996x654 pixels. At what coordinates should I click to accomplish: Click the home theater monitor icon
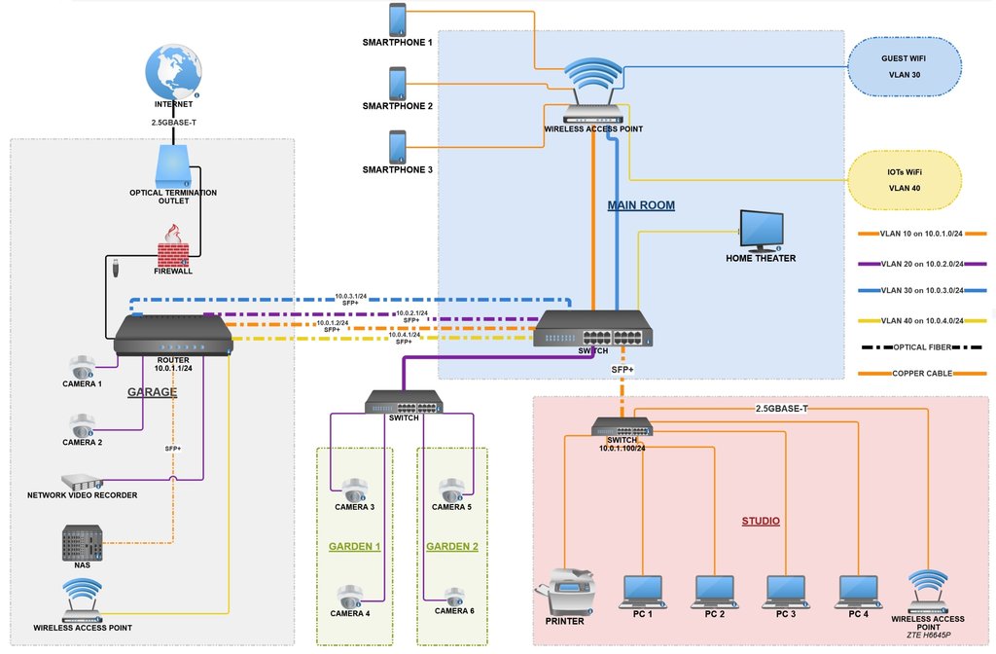(x=761, y=230)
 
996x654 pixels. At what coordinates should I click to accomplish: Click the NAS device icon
(x=82, y=541)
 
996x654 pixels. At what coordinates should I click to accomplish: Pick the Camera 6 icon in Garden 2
(x=452, y=595)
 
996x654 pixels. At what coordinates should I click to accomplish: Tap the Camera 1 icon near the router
(x=83, y=367)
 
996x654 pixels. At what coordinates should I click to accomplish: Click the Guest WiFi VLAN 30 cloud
(x=904, y=65)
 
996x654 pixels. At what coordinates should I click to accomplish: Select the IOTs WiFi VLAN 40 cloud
(x=904, y=179)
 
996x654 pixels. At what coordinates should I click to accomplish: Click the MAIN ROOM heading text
(x=641, y=205)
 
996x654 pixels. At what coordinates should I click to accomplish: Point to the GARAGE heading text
(x=153, y=392)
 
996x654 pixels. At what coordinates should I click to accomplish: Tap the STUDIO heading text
(x=761, y=521)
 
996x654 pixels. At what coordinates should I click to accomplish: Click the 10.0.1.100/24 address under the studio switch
(x=622, y=449)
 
